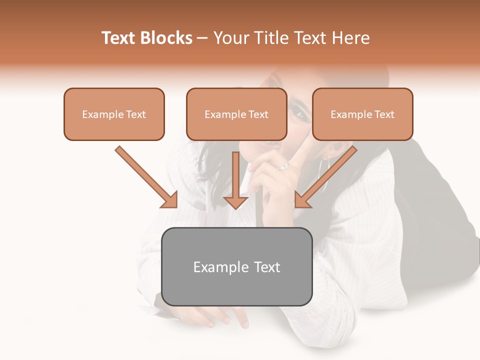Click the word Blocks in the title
click(x=167, y=38)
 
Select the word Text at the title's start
click(x=119, y=38)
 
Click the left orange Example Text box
click(x=114, y=114)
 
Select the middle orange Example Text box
click(x=236, y=114)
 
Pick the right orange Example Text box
click(x=362, y=114)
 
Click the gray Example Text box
click(x=236, y=266)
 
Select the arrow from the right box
click(x=326, y=177)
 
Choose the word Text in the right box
click(x=384, y=114)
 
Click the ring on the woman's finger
click(x=283, y=165)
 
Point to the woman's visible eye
click(x=298, y=113)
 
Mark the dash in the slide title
click(x=202, y=38)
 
